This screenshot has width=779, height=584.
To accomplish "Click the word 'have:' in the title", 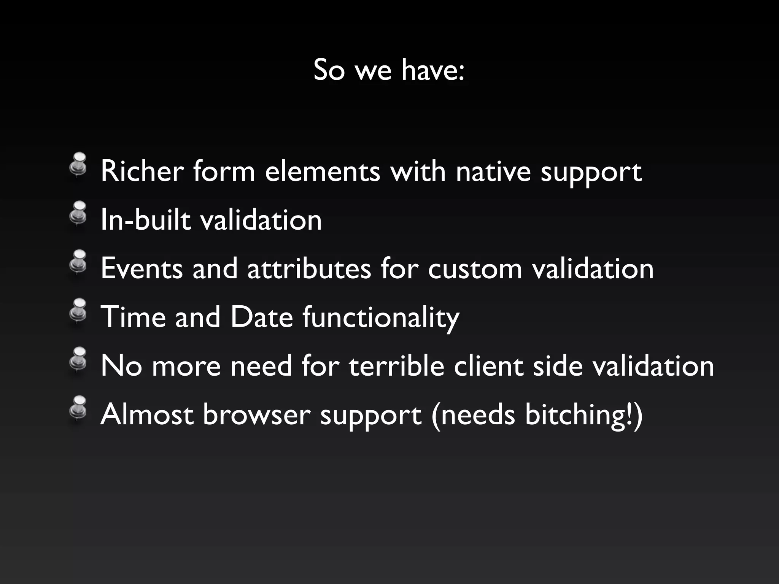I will (x=433, y=70).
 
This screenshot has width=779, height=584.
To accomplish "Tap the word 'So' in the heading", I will (x=329, y=70).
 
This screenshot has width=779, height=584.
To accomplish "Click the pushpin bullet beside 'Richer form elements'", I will (x=79, y=164).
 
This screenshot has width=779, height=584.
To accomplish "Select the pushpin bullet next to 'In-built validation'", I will (x=79, y=213).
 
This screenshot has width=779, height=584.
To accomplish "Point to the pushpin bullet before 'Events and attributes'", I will (x=79, y=262).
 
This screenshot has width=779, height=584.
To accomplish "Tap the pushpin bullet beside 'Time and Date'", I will (x=79, y=310).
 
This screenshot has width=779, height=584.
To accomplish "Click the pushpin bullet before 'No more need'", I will (x=79, y=359).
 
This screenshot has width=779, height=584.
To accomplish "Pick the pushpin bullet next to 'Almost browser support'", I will (x=79, y=408).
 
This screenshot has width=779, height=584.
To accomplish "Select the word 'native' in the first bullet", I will (x=493, y=171).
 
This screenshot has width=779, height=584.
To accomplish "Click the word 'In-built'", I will (x=146, y=220).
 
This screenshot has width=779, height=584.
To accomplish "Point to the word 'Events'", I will (x=142, y=269).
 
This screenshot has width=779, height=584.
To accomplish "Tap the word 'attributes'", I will (x=309, y=269).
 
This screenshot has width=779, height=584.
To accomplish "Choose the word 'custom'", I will (x=475, y=269).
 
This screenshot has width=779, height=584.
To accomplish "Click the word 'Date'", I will (x=262, y=317).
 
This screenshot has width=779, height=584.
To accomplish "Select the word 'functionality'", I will (x=381, y=317).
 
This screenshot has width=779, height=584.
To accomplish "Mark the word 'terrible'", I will (x=396, y=366).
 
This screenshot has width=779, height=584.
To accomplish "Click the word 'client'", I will (x=488, y=366).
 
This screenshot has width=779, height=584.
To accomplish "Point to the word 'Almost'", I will (x=147, y=415).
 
